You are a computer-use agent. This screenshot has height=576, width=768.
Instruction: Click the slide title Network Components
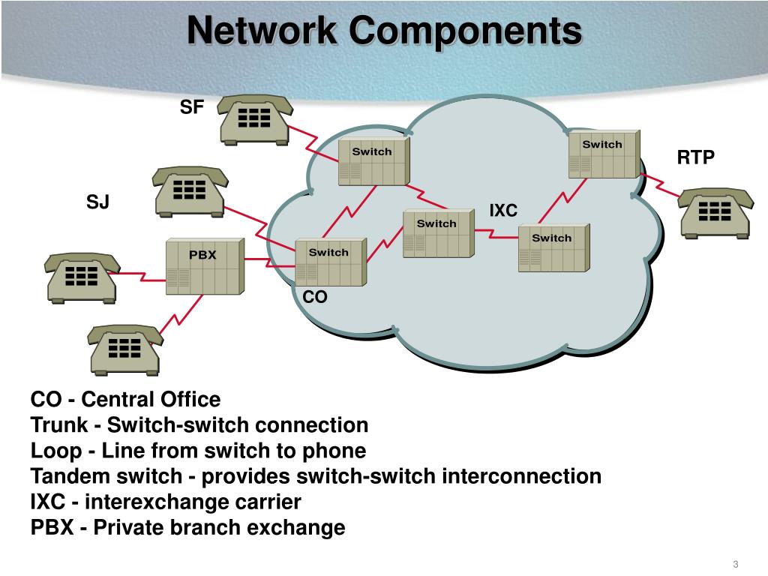tap(384, 31)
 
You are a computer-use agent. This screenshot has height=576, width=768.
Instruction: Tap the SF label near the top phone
tap(191, 107)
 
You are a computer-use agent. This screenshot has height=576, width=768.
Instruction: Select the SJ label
tap(97, 202)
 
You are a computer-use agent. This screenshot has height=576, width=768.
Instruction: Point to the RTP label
tap(696, 157)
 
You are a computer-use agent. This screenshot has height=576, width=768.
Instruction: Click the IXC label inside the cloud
tap(503, 211)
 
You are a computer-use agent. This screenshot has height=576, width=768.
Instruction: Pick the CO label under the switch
tap(315, 298)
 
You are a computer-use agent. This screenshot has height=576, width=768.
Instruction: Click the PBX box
tap(204, 267)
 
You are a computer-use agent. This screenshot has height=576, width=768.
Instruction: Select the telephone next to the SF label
tap(254, 118)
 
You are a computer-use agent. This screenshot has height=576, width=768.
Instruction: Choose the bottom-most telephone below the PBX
tap(124, 349)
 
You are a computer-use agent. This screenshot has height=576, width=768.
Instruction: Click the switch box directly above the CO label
tap(330, 262)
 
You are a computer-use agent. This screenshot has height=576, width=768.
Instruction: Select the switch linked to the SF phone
tap(373, 161)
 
